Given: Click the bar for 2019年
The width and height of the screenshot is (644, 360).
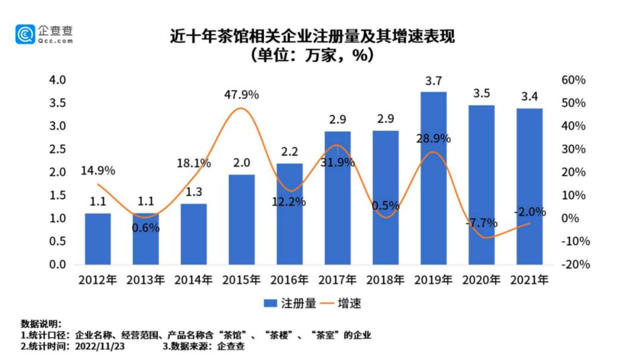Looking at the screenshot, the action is point(434,178).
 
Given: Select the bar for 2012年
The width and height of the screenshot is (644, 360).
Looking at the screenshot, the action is point(98,238).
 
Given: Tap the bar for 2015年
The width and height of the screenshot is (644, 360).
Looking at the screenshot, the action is point(241,219).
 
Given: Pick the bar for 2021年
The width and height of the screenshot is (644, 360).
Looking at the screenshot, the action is point(530,186).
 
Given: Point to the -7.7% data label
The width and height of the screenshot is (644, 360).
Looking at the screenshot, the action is point(481,223).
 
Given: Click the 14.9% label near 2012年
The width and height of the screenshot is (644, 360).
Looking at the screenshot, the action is point(98,171).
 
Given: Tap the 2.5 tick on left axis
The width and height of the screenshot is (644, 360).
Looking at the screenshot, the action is point(57,149).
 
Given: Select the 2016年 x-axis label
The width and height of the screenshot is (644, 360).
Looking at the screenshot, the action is point(289,280).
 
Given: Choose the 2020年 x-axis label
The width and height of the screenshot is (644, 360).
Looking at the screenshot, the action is point(481,280).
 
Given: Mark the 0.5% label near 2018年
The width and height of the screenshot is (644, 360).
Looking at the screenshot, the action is point(386,206).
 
